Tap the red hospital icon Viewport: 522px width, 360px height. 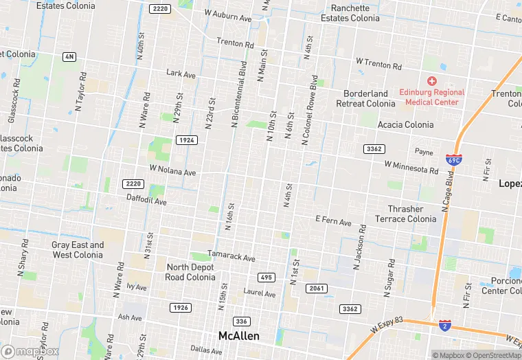tap(432, 81)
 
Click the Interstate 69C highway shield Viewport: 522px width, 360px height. tap(453, 159)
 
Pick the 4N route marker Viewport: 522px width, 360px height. tap(69, 56)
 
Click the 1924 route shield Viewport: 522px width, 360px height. tap(186, 140)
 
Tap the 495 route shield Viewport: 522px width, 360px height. tap(266, 278)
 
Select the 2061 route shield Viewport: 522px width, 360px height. tap(316, 289)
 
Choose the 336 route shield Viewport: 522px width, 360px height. tap(241, 322)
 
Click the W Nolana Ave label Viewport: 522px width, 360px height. tap(173, 170)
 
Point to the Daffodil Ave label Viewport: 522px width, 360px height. tap(146, 201)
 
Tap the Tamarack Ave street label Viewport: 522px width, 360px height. tap(231, 256)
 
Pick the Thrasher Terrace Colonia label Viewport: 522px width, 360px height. tap(405, 214)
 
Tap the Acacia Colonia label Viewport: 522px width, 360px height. tap(406, 124)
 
